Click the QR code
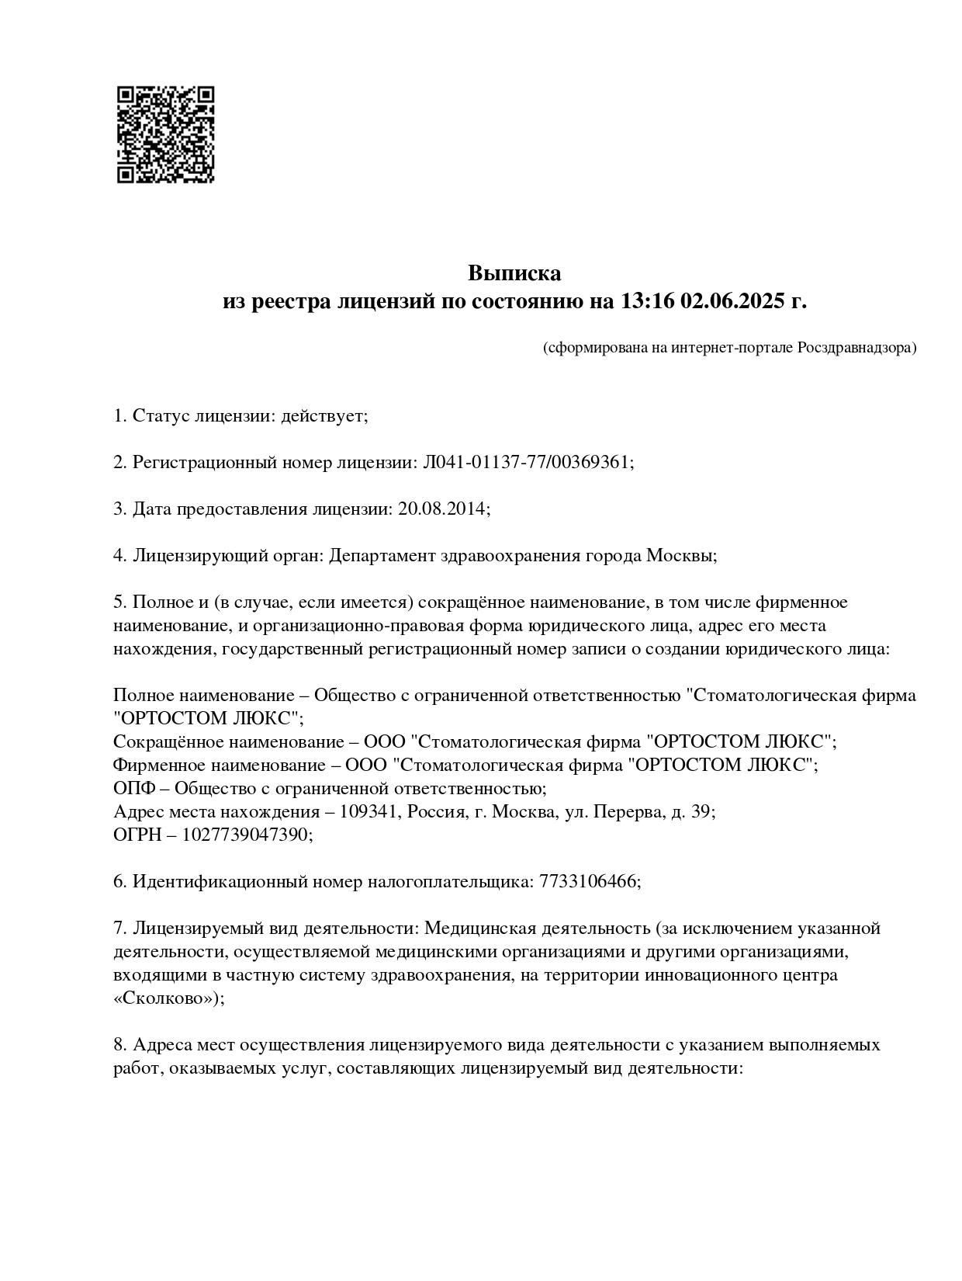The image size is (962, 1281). [x=165, y=134]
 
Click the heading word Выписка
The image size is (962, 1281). [x=514, y=273]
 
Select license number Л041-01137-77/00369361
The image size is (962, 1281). [x=526, y=463]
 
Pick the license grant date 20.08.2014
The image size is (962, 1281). [x=441, y=509]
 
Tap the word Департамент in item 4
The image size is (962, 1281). [x=382, y=556]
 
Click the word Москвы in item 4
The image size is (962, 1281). [x=679, y=556]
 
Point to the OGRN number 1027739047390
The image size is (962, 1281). [x=246, y=835]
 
